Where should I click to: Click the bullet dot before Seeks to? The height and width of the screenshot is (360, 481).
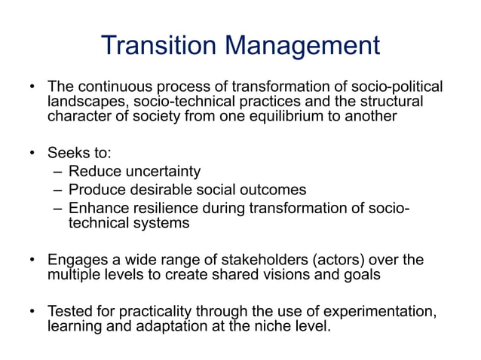[x=32, y=154]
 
